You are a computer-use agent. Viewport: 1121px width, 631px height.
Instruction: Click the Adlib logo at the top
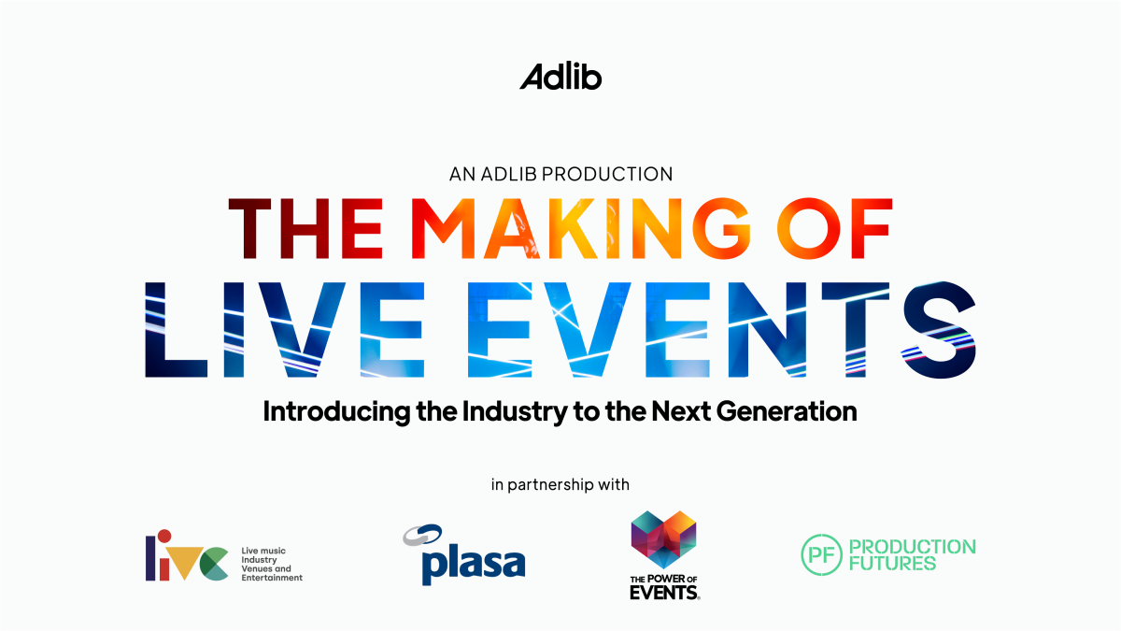click(560, 77)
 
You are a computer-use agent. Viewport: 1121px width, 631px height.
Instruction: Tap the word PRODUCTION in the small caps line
click(607, 174)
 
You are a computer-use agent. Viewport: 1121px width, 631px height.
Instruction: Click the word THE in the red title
click(305, 228)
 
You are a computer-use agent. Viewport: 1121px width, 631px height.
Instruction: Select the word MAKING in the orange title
click(581, 228)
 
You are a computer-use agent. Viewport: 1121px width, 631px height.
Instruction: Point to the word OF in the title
click(835, 228)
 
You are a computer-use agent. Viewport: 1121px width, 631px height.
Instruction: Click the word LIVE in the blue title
click(285, 329)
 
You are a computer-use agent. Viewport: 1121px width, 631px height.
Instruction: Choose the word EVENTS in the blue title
click(721, 329)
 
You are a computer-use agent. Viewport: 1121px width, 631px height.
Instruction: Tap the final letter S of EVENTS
click(939, 329)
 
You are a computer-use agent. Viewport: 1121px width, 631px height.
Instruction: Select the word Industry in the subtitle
click(515, 412)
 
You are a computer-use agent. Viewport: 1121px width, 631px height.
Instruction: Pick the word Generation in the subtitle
click(787, 411)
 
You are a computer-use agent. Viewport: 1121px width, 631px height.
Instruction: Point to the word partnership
click(550, 485)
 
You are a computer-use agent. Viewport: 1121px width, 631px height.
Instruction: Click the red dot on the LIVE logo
click(164, 536)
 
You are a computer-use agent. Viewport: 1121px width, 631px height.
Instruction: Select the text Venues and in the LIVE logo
click(266, 569)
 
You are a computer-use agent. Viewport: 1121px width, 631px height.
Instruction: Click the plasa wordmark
click(474, 565)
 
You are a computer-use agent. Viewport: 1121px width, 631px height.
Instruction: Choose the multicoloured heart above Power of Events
click(663, 539)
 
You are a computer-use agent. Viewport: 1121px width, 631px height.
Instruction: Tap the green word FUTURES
click(892, 564)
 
